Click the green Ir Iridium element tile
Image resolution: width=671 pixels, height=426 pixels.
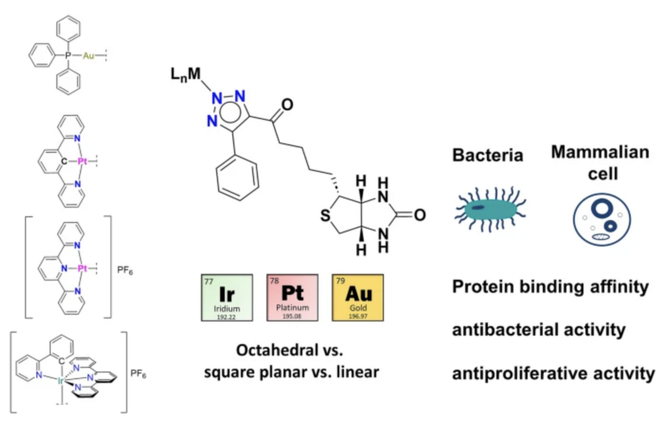227,297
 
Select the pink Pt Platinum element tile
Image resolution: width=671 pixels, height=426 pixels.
293,297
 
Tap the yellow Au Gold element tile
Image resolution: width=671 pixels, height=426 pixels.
358,297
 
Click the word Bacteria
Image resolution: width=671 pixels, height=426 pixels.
488,155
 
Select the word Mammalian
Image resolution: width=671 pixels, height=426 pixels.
600,152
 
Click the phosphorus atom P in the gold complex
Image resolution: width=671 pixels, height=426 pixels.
68,55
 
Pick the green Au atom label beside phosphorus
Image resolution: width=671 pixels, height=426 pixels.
89,56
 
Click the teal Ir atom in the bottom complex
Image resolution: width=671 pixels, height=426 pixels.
61,381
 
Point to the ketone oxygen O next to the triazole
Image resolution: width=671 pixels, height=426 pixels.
287,105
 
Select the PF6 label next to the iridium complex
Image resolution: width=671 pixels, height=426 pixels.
138,375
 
